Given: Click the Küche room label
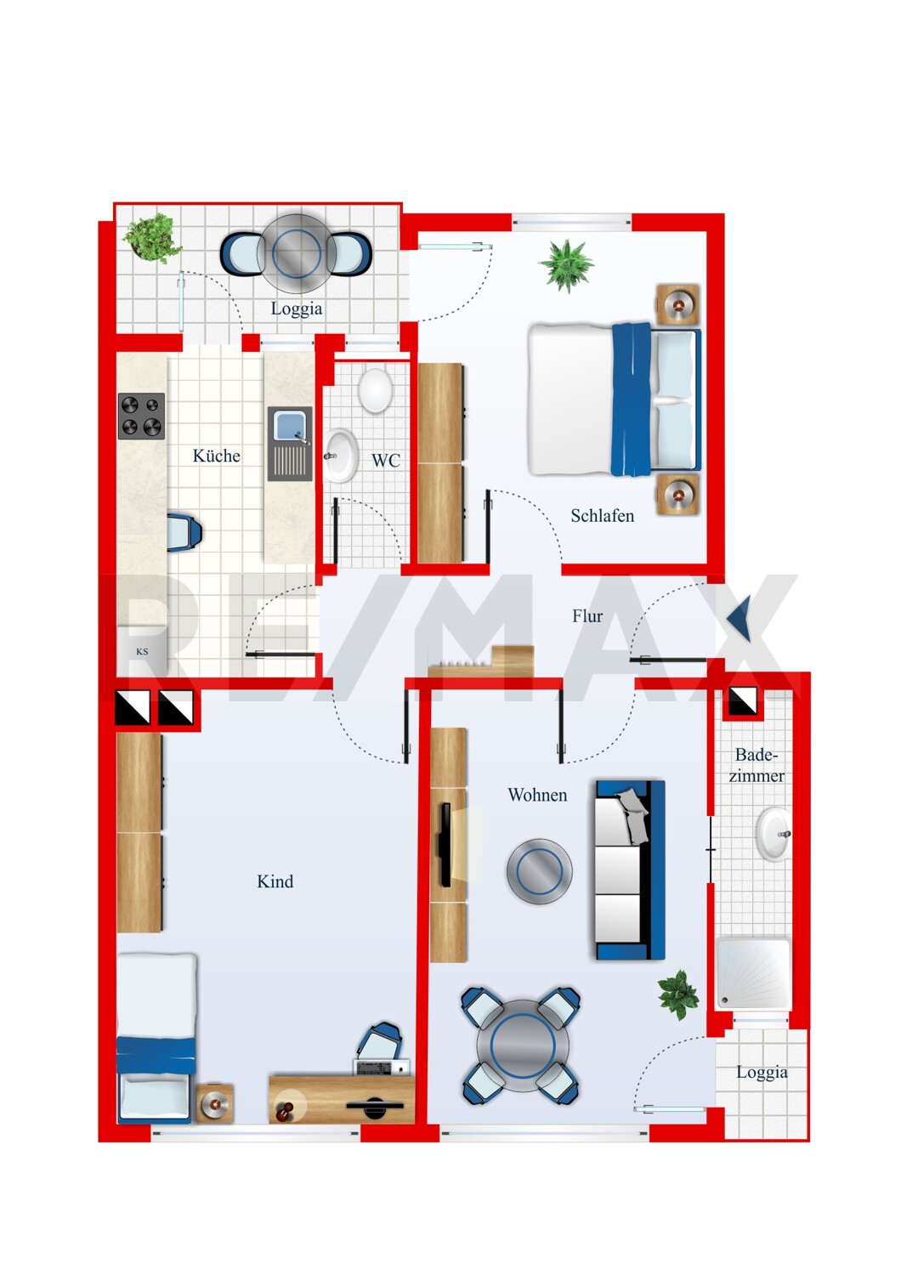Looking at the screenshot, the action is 216,456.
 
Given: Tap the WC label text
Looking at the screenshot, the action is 386,461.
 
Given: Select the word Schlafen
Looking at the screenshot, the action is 602,516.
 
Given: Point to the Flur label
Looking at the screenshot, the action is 587,616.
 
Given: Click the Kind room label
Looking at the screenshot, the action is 275,881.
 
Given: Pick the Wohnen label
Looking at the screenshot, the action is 537,795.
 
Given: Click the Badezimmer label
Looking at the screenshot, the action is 756,765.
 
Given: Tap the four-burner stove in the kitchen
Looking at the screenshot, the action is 142,416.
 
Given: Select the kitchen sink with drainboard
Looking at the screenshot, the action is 291,444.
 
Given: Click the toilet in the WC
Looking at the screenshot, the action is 375,388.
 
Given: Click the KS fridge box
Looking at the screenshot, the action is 142,651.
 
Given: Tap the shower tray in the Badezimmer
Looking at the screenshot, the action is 754,974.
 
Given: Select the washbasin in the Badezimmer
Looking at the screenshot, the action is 773,835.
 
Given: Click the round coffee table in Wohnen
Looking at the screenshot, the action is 539,871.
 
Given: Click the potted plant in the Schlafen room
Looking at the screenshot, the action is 566,266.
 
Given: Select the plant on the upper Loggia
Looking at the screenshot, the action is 152,238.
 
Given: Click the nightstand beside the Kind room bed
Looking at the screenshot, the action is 214,1103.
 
